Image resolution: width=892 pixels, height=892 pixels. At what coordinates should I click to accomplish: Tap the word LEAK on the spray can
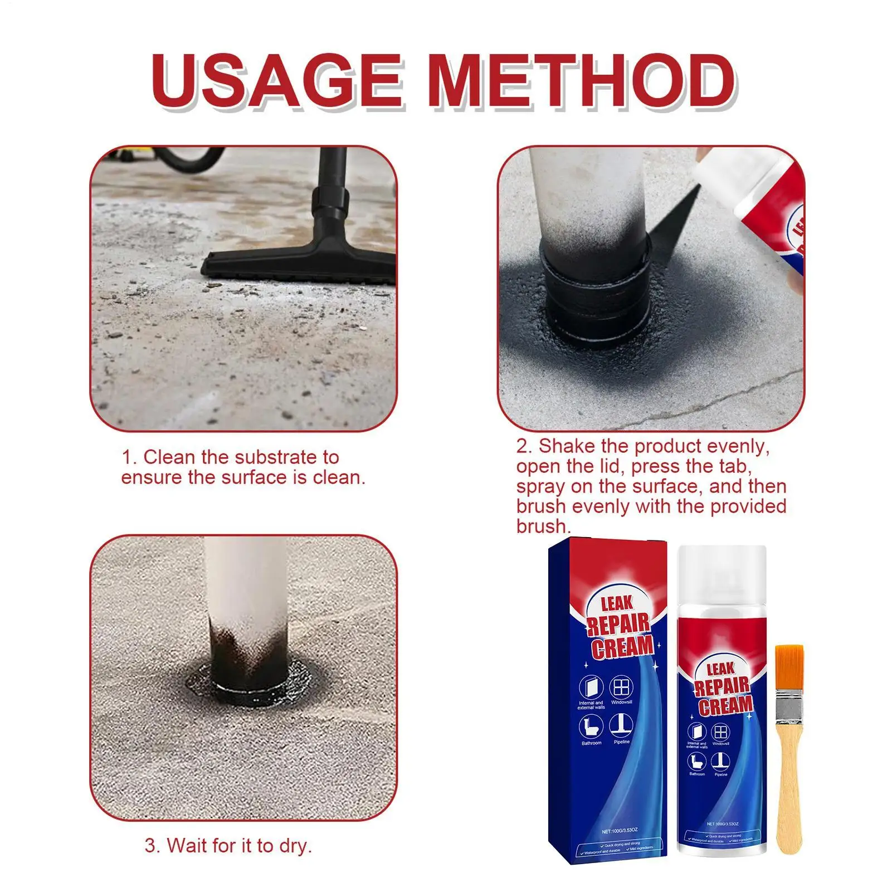point(720,669)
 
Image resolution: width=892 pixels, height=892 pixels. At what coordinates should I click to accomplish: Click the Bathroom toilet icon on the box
point(591,726)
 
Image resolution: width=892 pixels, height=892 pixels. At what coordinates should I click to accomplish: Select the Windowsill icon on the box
point(621,686)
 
